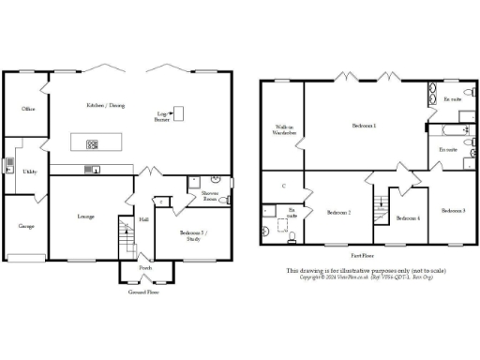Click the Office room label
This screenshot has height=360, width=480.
28,110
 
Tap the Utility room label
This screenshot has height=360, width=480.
31,172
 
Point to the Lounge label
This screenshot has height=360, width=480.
85,217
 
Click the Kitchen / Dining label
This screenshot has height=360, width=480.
105,106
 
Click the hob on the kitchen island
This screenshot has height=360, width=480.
93,144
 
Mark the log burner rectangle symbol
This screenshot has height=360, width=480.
178,114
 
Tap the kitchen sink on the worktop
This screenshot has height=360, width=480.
96,170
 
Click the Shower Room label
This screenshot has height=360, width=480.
210,197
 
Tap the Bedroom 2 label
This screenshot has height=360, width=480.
338,213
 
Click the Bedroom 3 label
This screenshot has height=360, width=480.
453,210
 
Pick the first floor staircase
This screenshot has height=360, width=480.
382,207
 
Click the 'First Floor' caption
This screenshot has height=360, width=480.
364,254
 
